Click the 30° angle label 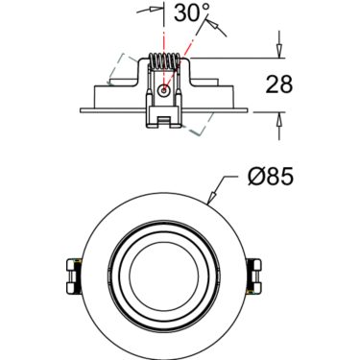click(191, 13)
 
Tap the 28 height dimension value click(279, 84)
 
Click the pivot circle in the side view click(164, 91)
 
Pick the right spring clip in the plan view click(255, 276)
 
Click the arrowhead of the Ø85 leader click(211, 198)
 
